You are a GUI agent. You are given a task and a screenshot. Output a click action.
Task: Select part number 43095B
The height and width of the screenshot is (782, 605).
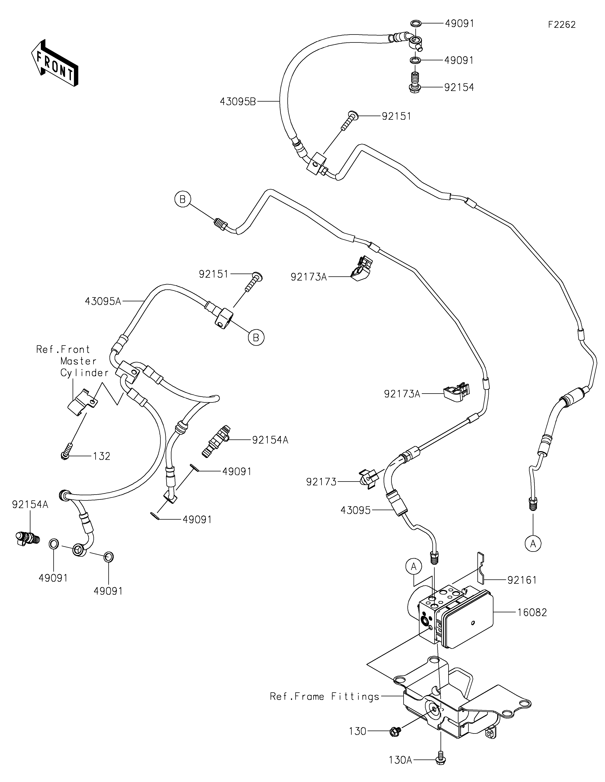click(x=238, y=102)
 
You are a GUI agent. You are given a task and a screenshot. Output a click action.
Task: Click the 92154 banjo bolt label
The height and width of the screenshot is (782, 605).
click(x=459, y=87)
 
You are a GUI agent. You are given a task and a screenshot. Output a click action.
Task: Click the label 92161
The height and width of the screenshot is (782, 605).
click(x=522, y=580)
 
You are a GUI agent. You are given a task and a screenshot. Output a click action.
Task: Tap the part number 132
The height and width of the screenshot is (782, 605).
click(x=102, y=456)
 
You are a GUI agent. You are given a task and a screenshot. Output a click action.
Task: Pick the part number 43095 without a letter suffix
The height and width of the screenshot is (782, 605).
click(x=356, y=511)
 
